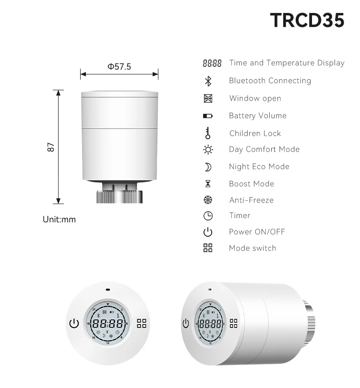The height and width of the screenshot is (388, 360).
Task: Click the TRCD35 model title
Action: pos(307,20)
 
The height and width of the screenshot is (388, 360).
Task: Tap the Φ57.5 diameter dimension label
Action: pos(119,67)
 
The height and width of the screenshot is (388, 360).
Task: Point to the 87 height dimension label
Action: pos(51,147)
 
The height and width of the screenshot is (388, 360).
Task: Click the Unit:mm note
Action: pos(60,219)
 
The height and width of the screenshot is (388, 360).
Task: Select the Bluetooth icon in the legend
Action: pos(208,81)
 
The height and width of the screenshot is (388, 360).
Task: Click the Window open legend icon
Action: pos(208,98)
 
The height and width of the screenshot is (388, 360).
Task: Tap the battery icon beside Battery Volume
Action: pos(208,116)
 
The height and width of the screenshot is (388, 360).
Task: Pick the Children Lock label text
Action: pos(255,133)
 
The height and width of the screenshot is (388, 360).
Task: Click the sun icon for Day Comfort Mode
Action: pos(208,149)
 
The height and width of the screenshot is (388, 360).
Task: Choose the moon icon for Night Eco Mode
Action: pos(208,167)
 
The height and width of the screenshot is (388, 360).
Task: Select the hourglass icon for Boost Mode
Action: pos(208,184)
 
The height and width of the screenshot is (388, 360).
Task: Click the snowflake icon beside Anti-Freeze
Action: pos(208,200)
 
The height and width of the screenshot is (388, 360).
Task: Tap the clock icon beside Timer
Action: pos(208,216)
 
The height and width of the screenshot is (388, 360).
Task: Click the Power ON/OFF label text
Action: pos(257,232)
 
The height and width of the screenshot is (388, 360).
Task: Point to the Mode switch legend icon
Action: pos(208,248)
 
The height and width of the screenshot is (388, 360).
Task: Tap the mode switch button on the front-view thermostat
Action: pos(142,323)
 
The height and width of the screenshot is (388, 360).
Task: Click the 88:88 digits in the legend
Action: pos(212,63)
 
